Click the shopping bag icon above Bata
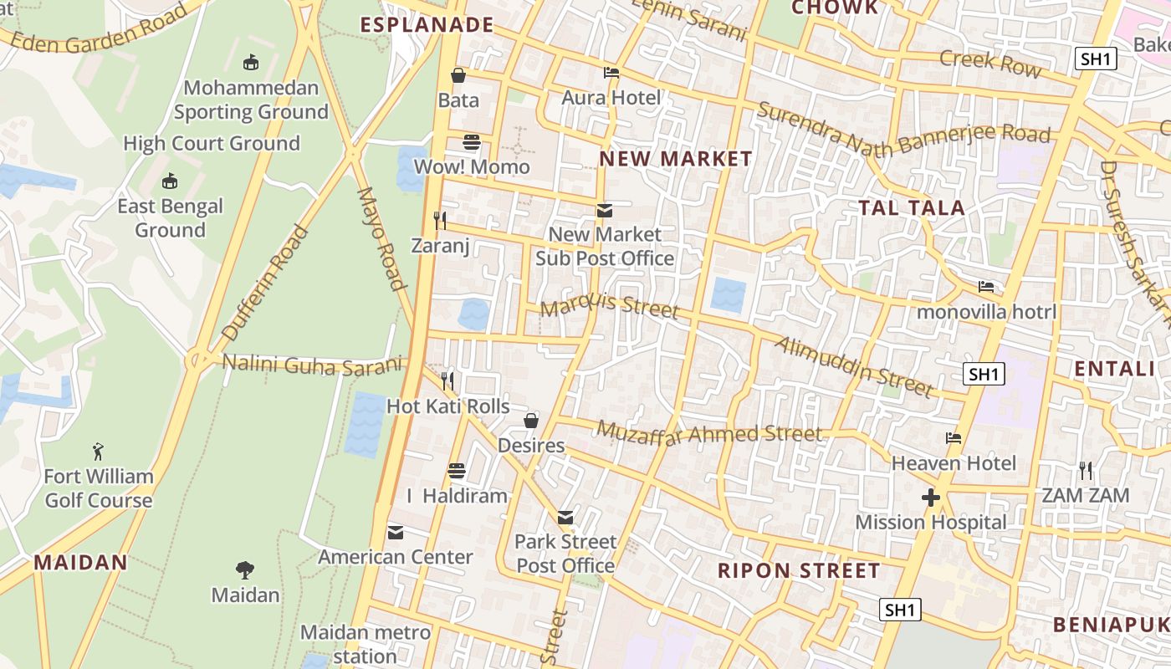pos(458,75)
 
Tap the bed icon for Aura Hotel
pos(611,73)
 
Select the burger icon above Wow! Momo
pos(472,142)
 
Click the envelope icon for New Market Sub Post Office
pos(604,210)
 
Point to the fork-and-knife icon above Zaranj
pos(440,221)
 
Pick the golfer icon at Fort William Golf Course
pos(99,452)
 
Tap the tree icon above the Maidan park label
pos(244,570)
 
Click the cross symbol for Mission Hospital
pos(930,498)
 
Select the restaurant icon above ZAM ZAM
pos(1086,470)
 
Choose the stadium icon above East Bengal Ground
pos(170,181)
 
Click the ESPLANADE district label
pos(427,24)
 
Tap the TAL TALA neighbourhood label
pos(912,207)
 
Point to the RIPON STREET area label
pos(799,571)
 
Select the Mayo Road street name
pos(381,238)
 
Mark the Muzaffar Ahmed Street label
pos(709,433)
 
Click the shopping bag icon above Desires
pos(531,420)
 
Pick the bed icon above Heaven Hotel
pos(953,438)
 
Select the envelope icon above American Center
pos(396,532)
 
